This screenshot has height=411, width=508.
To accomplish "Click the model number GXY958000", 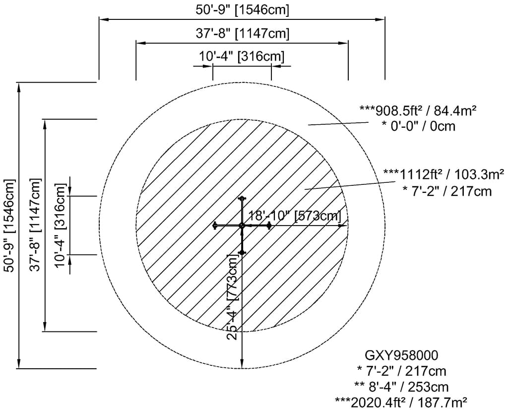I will coord(401,356).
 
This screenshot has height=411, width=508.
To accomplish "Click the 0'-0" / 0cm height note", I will coord(418,126).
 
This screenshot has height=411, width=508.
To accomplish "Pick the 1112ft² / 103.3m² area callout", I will coord(444,174).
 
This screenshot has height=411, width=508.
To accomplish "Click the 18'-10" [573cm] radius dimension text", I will coord(295,216).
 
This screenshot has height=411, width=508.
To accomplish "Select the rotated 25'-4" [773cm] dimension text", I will coord(232,297).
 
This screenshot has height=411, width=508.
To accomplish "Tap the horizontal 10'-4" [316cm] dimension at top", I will coord(242,57).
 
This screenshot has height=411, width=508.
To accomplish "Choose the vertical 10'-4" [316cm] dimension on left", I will coord(61,226).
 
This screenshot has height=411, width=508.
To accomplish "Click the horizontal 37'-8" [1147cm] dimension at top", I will coord(242,34).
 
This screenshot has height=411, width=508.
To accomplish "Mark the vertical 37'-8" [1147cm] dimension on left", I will coord(35,225).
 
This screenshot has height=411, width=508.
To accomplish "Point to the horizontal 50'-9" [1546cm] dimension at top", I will coord(242,9).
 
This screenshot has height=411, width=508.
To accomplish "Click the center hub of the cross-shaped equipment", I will coord(242,226).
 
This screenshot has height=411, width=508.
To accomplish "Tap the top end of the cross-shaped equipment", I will coord(242,198).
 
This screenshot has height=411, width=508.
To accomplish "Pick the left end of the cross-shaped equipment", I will coord(215,226).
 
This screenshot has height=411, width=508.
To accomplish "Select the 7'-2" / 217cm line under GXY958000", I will coord(401,371).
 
